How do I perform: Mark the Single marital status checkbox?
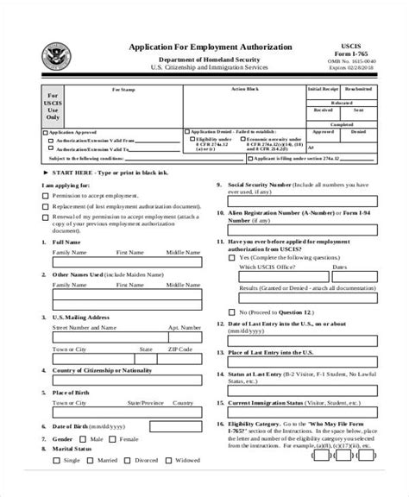coord(56,482)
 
